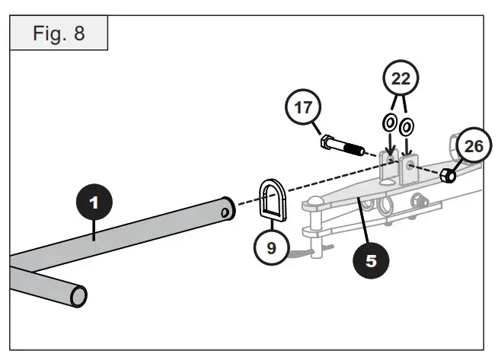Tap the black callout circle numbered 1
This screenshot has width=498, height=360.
coord(93,203)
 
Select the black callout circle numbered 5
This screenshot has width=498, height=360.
coord(371,260)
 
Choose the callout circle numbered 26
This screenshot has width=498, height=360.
coord(473,146)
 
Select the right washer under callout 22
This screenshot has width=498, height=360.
coord(407,125)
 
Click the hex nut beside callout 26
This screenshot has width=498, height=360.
coord(449,176)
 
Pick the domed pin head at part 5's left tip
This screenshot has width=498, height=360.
coord(311,203)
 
